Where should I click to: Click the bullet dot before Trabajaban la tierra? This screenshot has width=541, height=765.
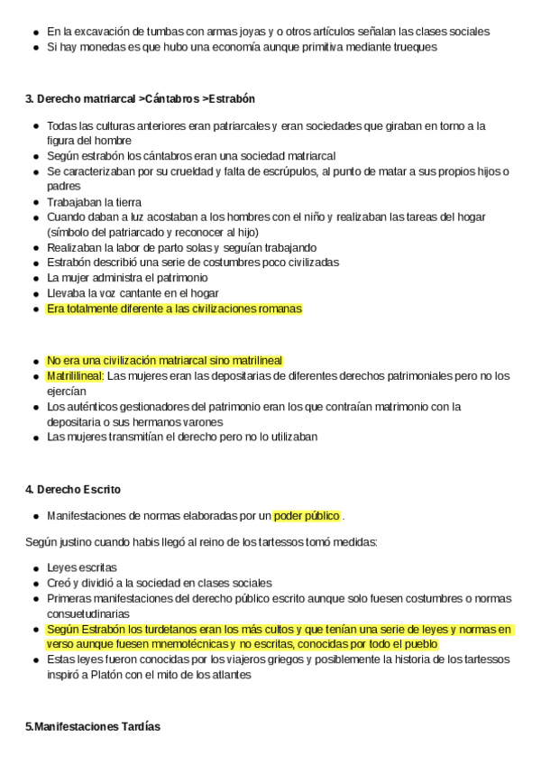34,202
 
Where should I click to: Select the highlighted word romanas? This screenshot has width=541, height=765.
280,309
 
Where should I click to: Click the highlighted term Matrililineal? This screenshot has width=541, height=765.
75,375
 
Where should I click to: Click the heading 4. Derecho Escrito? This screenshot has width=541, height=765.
73,489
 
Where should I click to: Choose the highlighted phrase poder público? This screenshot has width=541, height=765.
307,516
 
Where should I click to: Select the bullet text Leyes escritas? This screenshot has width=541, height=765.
81,568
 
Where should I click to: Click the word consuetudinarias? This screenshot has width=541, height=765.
89,613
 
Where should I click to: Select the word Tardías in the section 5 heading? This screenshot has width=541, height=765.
136,726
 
